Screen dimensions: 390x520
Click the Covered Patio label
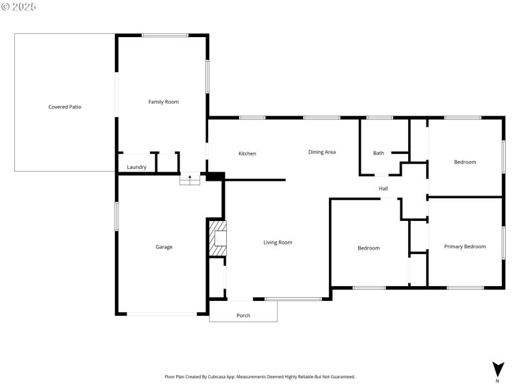pyautogui.click(x=65, y=107)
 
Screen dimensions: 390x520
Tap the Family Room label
pyautogui.click(x=163, y=101)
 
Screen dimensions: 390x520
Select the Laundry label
pyautogui.click(x=136, y=167)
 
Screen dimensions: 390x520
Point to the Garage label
pyautogui.click(x=164, y=247)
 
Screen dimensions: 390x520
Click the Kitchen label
pyautogui.click(x=247, y=153)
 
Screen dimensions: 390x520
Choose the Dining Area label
pyautogui.click(x=322, y=151)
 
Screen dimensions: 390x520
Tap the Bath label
pyautogui.click(x=378, y=153)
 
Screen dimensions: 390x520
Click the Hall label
pyautogui.click(x=383, y=188)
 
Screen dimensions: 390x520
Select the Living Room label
pyautogui.click(x=278, y=242)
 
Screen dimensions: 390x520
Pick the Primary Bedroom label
pyautogui.click(x=465, y=246)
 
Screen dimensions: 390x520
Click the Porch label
pyautogui.click(x=243, y=315)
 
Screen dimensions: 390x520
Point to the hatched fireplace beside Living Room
pyautogui.click(x=218, y=239)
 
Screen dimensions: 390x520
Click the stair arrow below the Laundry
pyautogui.click(x=190, y=177)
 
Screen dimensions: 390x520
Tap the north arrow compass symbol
pyautogui.click(x=498, y=367)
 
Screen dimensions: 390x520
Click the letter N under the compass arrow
pyautogui.click(x=498, y=381)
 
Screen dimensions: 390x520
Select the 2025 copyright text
pyautogui.click(x=19, y=6)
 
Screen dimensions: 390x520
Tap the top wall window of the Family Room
pyautogui.click(x=165, y=35)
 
